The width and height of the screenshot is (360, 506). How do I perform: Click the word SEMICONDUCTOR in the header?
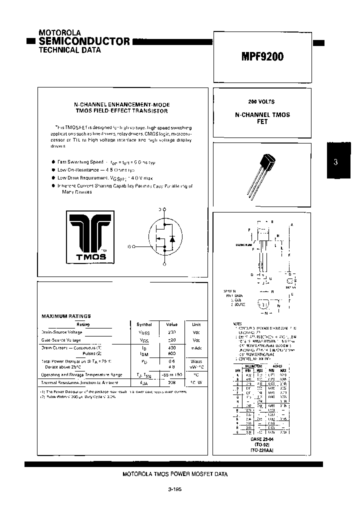[84, 41]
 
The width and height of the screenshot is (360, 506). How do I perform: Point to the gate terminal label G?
[129, 246]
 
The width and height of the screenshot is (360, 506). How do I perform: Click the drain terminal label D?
[159, 209]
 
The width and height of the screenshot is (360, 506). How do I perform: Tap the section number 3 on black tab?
[335, 161]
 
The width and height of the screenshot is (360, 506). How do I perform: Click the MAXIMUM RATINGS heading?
[66, 316]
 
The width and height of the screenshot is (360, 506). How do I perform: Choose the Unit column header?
[196, 324]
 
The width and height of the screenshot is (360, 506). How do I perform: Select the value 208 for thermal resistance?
[171, 382]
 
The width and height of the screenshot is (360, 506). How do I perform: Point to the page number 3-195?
[175, 489]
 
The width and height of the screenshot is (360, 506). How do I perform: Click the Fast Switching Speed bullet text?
[80, 162]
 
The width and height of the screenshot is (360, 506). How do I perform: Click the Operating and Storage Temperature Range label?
[81, 374]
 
